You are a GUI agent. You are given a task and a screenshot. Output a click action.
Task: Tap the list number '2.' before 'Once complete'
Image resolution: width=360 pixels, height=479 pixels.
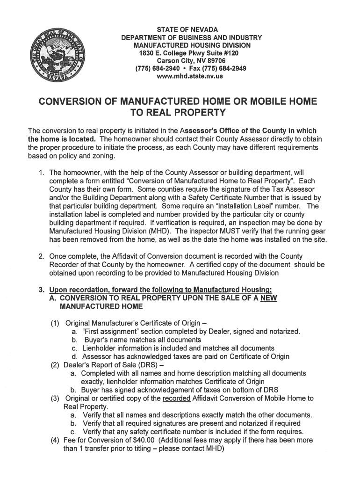click(41, 256)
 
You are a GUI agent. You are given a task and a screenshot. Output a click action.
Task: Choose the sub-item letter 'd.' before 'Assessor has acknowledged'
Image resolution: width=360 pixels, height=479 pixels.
click(75, 356)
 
